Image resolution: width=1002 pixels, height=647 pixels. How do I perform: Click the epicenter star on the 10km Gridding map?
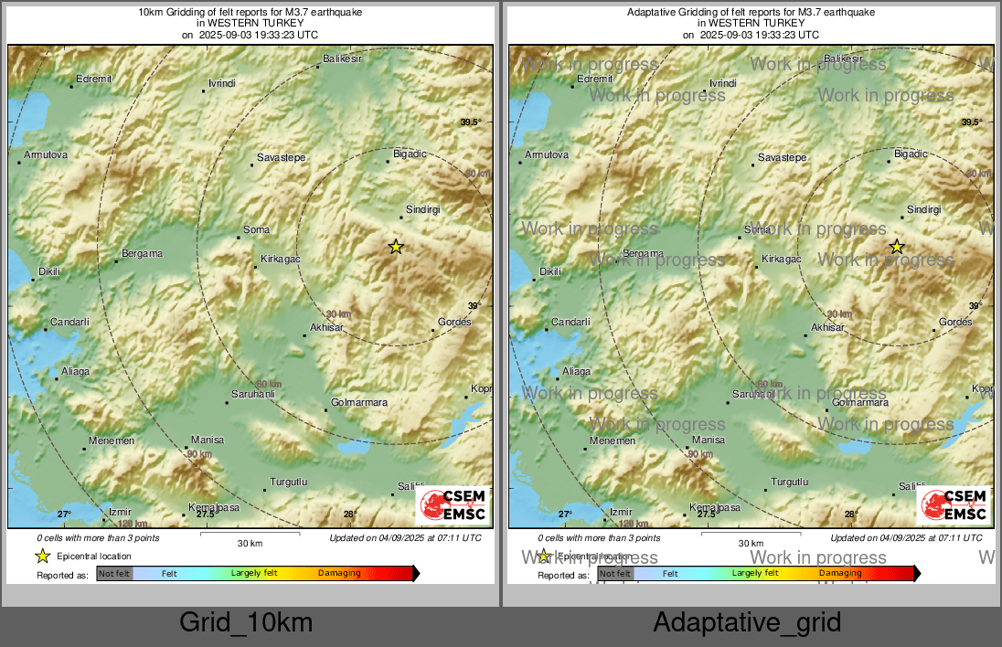[x=396, y=247]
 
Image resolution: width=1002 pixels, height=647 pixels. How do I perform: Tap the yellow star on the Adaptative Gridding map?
[x=897, y=247]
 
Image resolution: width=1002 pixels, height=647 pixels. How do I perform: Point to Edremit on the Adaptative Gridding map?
[x=595, y=79]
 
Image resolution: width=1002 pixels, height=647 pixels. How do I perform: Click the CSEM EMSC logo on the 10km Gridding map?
[x=453, y=504]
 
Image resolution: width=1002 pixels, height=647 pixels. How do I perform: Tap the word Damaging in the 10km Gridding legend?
[x=339, y=574]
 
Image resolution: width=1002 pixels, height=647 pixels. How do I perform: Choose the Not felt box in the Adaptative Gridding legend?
[x=614, y=574]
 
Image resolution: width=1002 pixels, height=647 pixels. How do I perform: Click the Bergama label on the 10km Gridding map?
[x=142, y=253]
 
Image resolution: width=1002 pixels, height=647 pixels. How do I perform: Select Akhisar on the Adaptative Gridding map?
[x=828, y=327]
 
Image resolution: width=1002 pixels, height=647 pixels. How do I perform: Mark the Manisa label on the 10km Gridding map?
[x=208, y=440]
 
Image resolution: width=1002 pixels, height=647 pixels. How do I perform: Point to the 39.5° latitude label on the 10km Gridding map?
[x=470, y=122]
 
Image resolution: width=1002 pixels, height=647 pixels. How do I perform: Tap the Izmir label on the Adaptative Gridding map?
[x=621, y=512]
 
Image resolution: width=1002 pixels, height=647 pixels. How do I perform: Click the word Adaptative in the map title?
[x=651, y=13]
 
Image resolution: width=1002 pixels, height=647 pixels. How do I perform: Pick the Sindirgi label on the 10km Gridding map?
[x=422, y=209]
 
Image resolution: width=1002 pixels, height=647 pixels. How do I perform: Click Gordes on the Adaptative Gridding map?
[x=955, y=322]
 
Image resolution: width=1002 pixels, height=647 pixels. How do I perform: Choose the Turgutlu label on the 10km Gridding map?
[x=289, y=482]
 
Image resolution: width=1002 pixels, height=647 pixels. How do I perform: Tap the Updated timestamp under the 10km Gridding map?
[x=405, y=538]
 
